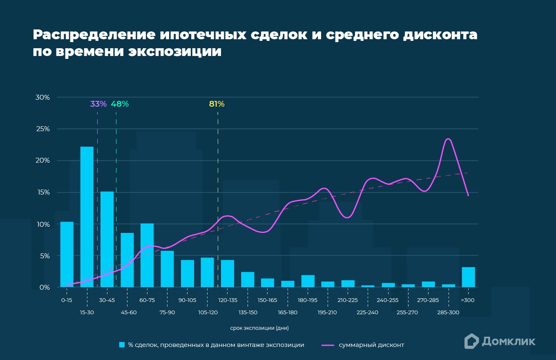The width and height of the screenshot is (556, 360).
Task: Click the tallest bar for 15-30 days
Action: (x=87, y=217)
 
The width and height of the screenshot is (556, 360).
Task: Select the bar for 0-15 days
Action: (x=67, y=254)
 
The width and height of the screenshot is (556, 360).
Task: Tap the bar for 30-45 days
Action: (x=107, y=239)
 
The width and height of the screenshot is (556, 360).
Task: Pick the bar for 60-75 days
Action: (x=147, y=255)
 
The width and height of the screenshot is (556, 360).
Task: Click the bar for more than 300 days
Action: (x=468, y=277)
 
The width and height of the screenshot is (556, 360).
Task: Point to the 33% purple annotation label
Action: (x=98, y=104)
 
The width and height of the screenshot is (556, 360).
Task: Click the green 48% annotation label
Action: (x=120, y=104)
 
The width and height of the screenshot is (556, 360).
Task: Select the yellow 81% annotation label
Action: (x=217, y=104)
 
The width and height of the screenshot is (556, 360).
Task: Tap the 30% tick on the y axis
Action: (x=42, y=97)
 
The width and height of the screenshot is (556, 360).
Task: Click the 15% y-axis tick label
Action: (x=42, y=192)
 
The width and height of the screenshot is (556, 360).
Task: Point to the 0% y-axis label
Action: (x=44, y=287)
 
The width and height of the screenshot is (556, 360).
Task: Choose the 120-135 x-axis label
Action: (x=228, y=300)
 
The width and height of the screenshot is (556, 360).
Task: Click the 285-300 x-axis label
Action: (x=448, y=313)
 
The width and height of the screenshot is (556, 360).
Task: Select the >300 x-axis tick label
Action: (x=468, y=300)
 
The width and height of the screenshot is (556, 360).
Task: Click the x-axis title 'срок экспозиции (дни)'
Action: (x=259, y=328)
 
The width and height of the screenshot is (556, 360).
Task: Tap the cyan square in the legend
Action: (x=122, y=345)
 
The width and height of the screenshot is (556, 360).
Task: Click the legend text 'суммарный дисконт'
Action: (x=371, y=345)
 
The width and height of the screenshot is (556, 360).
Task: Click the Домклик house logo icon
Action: (x=471, y=341)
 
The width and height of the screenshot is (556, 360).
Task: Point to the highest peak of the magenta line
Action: (x=448, y=139)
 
